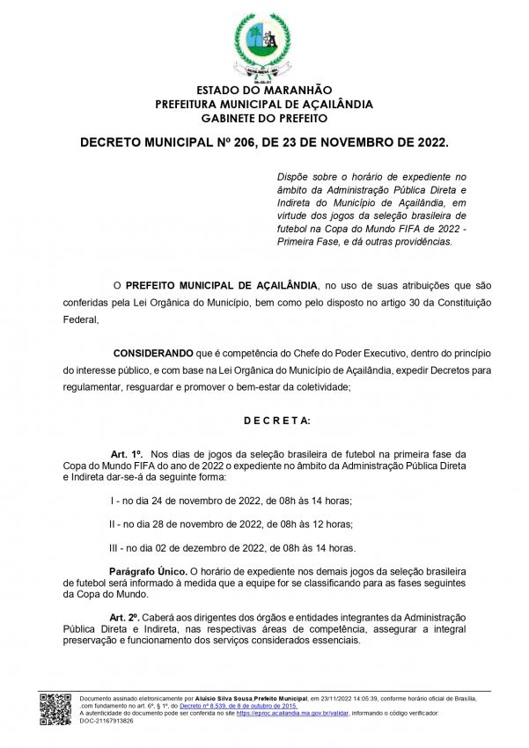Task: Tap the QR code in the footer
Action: click(x=56, y=709)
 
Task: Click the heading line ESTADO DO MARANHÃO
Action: click(x=264, y=91)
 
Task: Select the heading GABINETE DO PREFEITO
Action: click(x=264, y=118)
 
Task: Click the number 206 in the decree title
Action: click(x=234, y=142)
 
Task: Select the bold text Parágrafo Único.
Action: click(x=146, y=571)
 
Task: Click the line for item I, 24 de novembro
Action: click(x=231, y=501)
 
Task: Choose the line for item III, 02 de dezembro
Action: click(x=232, y=547)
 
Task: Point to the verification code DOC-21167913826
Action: click(x=107, y=720)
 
